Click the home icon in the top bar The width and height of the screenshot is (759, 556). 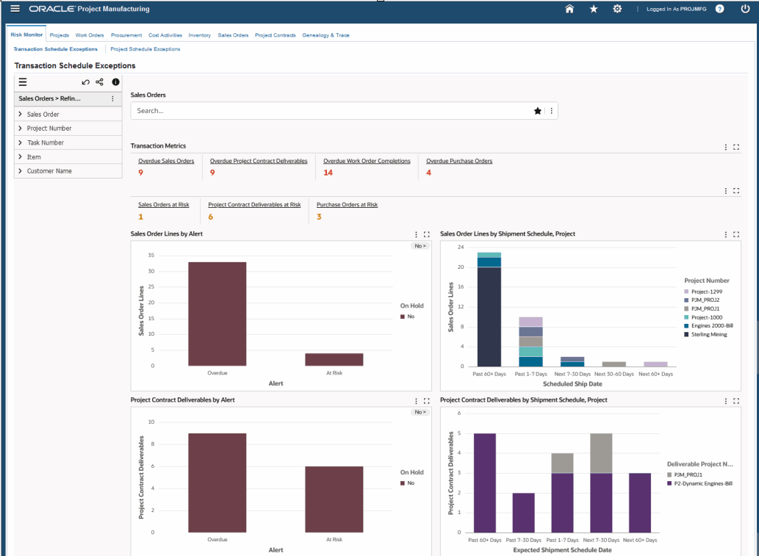click(x=569, y=9)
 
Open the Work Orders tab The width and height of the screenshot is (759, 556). click(x=90, y=35)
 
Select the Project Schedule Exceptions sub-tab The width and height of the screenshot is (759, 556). click(x=145, y=49)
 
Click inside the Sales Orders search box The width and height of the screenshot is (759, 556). click(x=334, y=111)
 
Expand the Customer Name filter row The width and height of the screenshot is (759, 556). click(x=49, y=171)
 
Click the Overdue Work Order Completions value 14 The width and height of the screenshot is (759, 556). click(x=328, y=173)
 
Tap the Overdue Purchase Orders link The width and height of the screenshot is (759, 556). click(x=459, y=161)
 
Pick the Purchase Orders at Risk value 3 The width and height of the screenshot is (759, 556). click(x=319, y=217)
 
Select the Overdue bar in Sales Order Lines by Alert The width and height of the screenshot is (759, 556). click(x=217, y=314)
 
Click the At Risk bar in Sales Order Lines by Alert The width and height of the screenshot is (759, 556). click(x=334, y=360)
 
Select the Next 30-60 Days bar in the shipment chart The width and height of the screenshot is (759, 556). click(x=614, y=364)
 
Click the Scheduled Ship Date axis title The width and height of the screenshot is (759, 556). click(x=572, y=383)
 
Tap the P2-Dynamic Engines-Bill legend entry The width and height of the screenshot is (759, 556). click(x=700, y=483)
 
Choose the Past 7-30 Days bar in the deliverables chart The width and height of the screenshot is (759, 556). click(x=523, y=513)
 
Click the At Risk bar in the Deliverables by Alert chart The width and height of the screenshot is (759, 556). click(x=334, y=499)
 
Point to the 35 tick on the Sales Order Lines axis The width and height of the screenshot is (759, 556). click(x=151, y=255)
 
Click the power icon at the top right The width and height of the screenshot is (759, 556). click(x=745, y=9)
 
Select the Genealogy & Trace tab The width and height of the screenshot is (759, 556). click(x=325, y=35)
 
